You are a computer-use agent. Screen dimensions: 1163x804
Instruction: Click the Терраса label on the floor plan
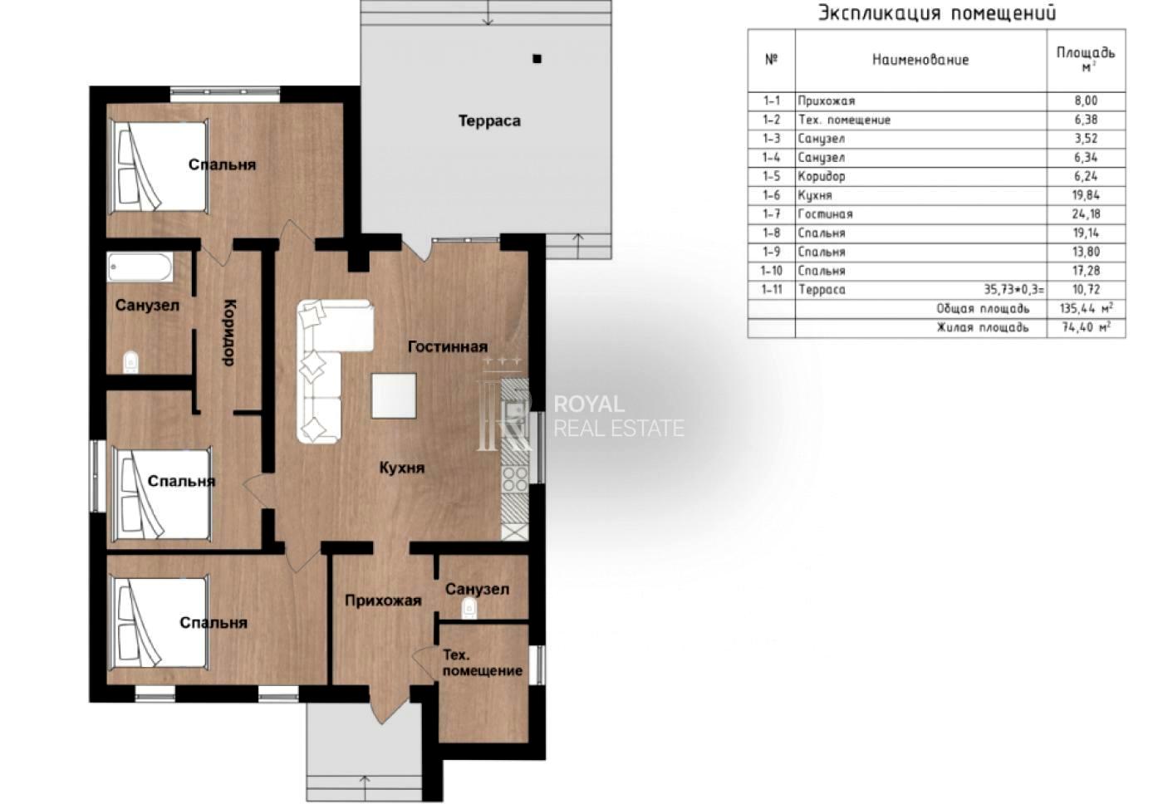tap(489, 121)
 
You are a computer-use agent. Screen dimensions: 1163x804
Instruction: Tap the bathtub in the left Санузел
tap(140, 267)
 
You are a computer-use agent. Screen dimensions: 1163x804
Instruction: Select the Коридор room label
tap(229, 333)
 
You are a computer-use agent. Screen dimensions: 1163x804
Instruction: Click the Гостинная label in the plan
tap(448, 346)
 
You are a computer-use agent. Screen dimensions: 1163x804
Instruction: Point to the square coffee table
tap(394, 395)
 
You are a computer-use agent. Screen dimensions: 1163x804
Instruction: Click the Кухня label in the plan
tap(402, 468)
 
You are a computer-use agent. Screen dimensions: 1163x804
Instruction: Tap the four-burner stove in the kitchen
tap(514, 479)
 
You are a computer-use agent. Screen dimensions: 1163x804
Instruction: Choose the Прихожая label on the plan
tap(383, 601)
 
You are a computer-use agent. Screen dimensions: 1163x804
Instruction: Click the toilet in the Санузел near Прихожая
tap(469, 608)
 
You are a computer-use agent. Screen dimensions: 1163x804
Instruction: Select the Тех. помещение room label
tap(483, 663)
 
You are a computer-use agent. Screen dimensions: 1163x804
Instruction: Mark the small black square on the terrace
tap(537, 59)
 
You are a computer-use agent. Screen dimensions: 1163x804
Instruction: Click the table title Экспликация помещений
tap(937, 13)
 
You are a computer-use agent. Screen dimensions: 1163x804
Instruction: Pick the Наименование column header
tap(920, 60)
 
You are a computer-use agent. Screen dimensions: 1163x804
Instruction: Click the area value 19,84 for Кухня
tap(1086, 195)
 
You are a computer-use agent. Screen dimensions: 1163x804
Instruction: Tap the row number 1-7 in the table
tap(772, 213)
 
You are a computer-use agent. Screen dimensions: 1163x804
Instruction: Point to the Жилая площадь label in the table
tap(982, 327)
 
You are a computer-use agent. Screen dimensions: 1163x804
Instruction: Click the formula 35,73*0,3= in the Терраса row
tap(1014, 290)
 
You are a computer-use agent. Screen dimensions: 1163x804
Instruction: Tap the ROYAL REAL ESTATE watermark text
tap(619, 416)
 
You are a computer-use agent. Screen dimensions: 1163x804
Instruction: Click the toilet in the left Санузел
tap(131, 362)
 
